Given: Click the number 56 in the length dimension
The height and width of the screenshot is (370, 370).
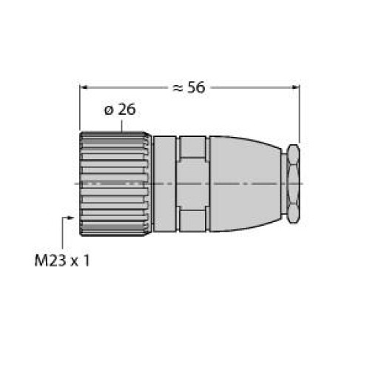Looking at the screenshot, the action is click(196, 87).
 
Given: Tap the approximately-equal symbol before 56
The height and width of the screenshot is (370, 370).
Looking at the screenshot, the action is click(178, 88).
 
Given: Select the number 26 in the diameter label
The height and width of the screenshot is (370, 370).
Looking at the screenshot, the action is click(127, 110).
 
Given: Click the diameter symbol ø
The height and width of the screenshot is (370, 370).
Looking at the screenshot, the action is click(109, 110).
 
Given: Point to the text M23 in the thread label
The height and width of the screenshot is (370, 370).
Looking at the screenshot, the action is click(50, 260).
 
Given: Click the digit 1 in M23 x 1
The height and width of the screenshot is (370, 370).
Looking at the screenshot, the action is click(86, 260).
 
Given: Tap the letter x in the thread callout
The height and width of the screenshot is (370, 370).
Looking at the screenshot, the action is click(75, 262).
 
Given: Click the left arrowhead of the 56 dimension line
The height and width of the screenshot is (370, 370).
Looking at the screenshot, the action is click(84, 87).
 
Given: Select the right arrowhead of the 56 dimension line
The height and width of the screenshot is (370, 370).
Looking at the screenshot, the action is click(295, 87).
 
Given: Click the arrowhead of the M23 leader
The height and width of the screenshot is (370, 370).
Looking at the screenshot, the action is click(71, 218).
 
